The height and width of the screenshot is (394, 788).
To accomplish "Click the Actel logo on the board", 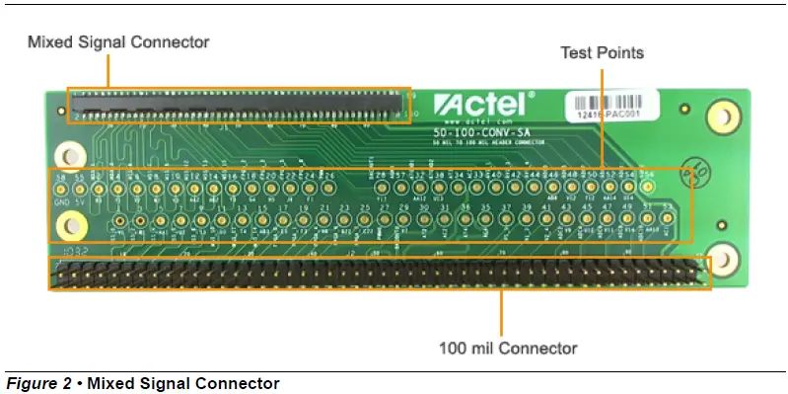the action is pyautogui.click(x=483, y=103).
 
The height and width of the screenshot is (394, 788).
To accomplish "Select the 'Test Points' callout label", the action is pyautogui.click(x=602, y=51).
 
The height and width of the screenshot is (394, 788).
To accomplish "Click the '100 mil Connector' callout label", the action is pyautogui.click(x=508, y=348).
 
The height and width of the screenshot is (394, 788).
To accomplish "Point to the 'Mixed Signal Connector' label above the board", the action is pyautogui.click(x=118, y=42).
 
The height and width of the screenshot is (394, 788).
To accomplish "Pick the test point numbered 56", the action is pyautogui.click(x=648, y=185).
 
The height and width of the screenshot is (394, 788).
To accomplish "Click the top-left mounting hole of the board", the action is pyautogui.click(x=69, y=155).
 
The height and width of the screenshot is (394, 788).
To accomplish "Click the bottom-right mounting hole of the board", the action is pyautogui.click(x=723, y=259).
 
